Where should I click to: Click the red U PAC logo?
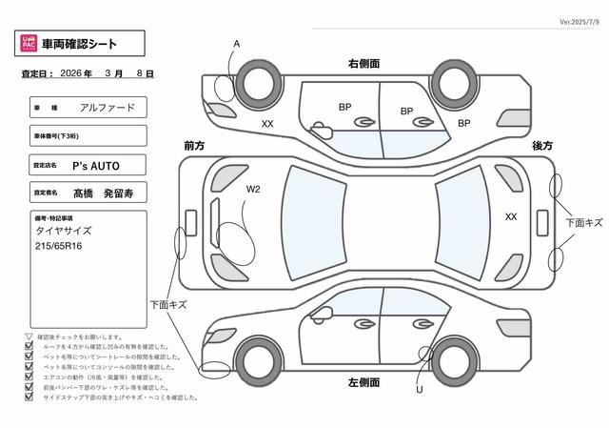point(29,43)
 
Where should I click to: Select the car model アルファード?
point(108,108)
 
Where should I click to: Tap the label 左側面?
point(364,382)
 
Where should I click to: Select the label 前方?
point(194,145)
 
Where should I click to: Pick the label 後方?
point(542,145)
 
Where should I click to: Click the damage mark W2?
point(253,190)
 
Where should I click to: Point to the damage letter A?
point(237,44)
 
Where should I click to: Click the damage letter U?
point(419,388)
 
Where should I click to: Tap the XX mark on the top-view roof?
point(511,216)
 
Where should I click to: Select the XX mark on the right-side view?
point(267,124)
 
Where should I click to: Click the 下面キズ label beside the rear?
point(583,222)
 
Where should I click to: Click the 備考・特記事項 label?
point(54,219)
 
